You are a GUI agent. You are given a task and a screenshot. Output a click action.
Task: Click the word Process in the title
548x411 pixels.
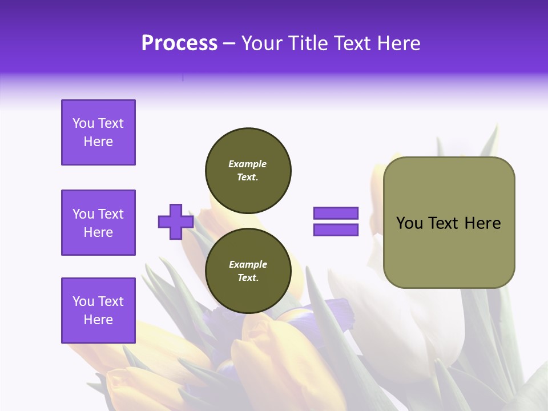(179, 43)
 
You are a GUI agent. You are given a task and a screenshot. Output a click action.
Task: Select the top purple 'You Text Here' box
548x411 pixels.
(98, 132)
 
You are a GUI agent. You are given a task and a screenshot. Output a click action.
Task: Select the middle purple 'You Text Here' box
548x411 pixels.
(98, 223)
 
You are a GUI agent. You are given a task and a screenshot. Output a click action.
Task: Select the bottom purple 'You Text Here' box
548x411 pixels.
(98, 311)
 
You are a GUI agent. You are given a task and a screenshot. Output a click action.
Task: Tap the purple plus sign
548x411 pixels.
(176, 221)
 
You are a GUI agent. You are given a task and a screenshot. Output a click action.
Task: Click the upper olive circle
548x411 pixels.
(248, 171)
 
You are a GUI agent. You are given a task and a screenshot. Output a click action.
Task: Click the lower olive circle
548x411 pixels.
(248, 271)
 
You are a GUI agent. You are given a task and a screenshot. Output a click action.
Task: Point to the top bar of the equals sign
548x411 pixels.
(336, 213)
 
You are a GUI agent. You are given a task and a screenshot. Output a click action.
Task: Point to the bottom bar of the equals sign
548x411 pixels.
(336, 230)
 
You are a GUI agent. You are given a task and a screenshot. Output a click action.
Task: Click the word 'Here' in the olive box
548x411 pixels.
(482, 223)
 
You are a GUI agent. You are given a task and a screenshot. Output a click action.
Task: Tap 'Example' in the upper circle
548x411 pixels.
(248, 164)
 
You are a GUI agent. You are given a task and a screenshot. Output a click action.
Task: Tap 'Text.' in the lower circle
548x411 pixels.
(248, 278)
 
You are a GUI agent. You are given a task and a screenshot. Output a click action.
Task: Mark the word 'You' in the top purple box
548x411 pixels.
(83, 123)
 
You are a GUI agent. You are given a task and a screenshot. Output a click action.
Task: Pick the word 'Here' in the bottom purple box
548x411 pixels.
(98, 320)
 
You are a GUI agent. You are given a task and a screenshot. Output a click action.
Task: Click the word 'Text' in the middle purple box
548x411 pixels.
(111, 214)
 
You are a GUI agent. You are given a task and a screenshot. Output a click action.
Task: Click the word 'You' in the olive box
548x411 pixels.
(409, 223)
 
